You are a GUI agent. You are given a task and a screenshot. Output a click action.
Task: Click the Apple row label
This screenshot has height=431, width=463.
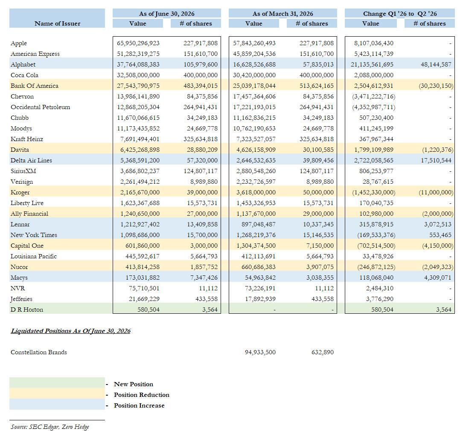(19, 43)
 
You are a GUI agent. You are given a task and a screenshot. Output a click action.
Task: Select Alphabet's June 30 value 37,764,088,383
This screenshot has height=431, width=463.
(138, 64)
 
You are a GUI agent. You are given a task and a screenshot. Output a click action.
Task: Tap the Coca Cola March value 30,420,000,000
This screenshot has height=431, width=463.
(254, 75)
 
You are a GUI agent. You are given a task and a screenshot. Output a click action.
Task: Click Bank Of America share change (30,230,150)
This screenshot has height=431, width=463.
(436, 86)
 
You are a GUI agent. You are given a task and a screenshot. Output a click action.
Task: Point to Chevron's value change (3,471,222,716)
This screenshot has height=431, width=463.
(373, 96)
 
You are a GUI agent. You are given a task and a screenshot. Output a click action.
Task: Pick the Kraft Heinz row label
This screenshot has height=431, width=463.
(27, 139)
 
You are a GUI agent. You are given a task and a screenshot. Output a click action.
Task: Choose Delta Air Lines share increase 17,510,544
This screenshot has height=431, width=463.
(436, 160)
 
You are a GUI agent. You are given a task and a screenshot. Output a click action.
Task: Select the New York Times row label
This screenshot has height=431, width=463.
(34, 235)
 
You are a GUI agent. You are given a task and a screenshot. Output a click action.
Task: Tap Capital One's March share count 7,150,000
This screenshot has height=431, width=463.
(320, 246)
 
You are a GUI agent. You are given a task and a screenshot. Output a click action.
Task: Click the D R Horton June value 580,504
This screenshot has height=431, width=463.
(148, 310)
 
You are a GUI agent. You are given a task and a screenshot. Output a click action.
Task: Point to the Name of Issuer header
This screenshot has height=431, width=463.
(57, 23)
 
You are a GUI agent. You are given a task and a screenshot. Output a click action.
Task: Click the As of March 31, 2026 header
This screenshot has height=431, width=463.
(282, 14)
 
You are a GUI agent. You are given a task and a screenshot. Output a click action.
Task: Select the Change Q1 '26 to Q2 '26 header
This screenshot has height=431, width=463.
(400, 14)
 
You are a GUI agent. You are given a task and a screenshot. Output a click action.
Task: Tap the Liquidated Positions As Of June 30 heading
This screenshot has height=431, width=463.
(70, 331)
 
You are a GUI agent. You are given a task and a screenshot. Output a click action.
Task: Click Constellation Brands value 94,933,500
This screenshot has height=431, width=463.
(260, 352)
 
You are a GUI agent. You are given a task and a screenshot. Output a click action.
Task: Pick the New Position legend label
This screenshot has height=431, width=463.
(134, 384)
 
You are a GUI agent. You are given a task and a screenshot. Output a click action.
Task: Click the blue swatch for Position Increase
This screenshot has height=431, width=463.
(57, 405)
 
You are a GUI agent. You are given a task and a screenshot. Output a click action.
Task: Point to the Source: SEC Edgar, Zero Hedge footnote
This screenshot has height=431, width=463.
(50, 427)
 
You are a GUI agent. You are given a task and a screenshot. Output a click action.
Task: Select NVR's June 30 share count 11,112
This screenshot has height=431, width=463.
(208, 288)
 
